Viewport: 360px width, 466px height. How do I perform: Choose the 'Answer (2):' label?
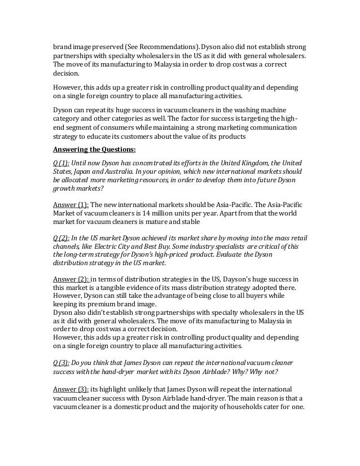[71, 279]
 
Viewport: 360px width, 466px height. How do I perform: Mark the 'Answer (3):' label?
[71, 389]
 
